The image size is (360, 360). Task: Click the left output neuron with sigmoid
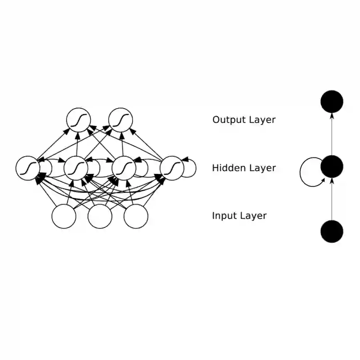coord(78,120)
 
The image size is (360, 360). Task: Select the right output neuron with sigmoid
coord(121,120)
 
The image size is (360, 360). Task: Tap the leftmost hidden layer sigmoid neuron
coord(28,168)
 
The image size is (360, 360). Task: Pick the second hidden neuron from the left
coord(76,168)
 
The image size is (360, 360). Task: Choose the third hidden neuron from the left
coord(124,168)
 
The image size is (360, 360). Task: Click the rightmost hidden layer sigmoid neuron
coord(172,168)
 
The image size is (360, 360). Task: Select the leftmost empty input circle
coord(64,216)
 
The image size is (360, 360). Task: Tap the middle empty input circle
coord(100,216)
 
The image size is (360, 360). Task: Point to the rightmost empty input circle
coord(136,216)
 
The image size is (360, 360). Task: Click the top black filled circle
coord(332,101)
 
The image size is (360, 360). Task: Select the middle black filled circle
coord(332,166)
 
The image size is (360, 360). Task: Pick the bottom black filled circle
coord(332,231)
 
